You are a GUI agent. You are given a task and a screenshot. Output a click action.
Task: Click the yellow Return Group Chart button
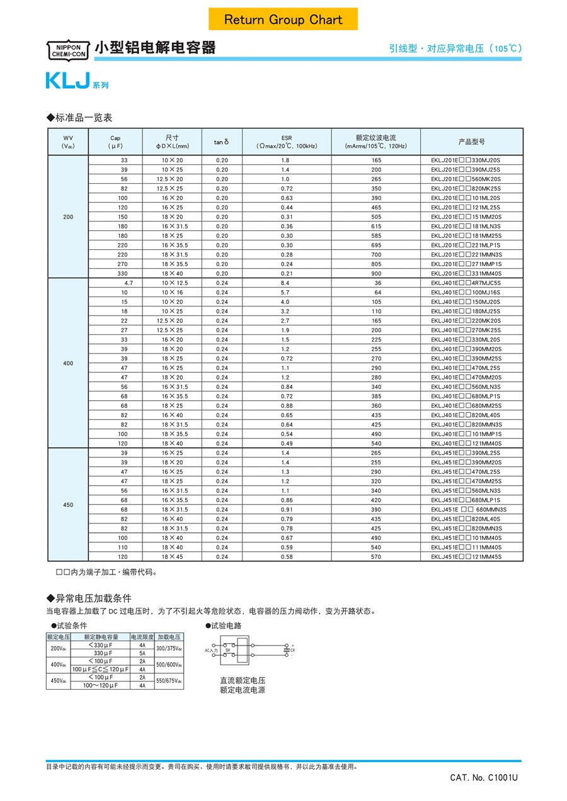pos(283,20)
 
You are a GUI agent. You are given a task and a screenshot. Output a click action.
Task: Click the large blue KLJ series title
pos(67,81)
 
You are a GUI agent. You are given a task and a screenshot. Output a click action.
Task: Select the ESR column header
pos(287,142)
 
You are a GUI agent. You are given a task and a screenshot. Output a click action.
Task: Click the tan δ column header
pos(222,142)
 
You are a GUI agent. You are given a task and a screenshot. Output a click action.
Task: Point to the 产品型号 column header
pos(471,142)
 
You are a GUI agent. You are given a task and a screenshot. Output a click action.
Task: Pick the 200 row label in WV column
pos(68,216)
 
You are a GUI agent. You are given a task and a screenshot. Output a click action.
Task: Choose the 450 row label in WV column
pos(68,505)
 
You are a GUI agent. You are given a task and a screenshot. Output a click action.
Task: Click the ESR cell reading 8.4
pos(285,283)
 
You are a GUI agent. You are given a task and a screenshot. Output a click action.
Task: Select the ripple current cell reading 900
pos(376,274)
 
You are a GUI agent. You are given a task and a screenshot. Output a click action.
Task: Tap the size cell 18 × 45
pos(172,557)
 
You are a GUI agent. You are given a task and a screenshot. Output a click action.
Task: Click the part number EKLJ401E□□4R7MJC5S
pos(466,283)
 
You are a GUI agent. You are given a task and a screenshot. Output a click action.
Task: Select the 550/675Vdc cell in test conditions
pos(169,681)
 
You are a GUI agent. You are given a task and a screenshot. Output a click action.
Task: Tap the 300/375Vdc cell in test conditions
pos(169,649)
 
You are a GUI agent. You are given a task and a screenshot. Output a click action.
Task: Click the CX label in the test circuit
pos(292,650)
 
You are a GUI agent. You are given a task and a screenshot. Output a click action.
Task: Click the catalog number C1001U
pos(484,778)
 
